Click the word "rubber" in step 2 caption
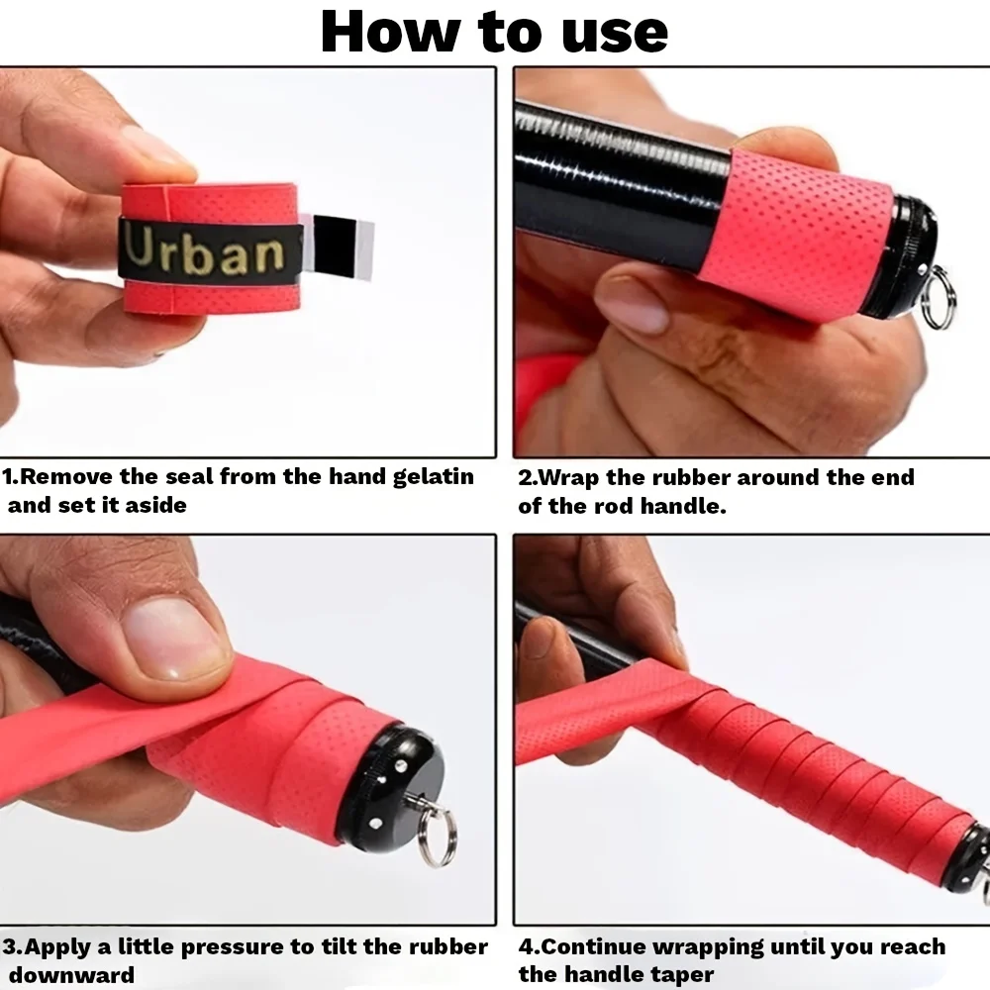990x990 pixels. click(697, 478)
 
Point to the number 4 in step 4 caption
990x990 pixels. click(525, 947)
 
